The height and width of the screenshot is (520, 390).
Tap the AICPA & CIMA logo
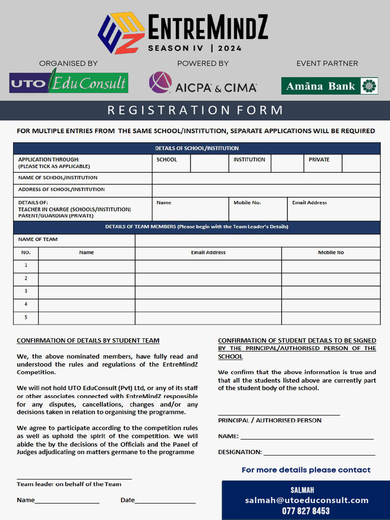tap(203, 83)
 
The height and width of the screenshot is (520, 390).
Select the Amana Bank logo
tap(330, 86)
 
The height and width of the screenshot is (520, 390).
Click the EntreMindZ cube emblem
tap(121, 33)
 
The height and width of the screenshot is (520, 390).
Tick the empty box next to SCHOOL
tap(209, 164)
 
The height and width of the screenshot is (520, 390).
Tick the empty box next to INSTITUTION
tap(287, 164)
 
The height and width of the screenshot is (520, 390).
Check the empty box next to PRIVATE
tap(361, 164)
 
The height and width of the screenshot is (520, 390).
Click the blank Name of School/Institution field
tap(266, 178)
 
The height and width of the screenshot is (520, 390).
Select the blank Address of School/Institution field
tap(266, 190)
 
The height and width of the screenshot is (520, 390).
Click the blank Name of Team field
tap(257, 240)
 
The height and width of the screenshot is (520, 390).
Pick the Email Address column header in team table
tap(208, 253)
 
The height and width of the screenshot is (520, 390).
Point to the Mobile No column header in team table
tap(331, 253)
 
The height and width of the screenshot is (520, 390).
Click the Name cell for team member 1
tap(86, 266)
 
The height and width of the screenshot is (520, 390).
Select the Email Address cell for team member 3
tap(208, 292)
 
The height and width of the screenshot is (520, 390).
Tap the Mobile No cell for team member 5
tap(331, 318)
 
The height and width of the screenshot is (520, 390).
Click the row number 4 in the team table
tap(26, 305)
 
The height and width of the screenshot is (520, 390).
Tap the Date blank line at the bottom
tap(165, 501)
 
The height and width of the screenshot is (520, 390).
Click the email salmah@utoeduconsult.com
tap(306, 500)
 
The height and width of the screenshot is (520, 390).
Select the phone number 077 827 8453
tap(306, 511)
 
